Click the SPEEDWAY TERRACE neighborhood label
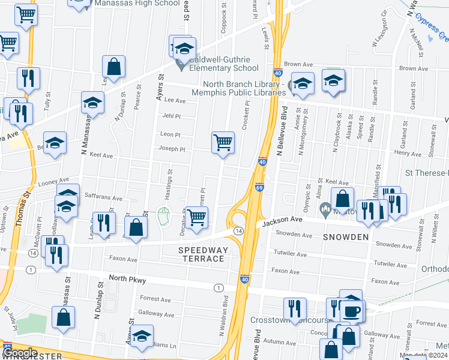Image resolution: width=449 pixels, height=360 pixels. pos(202,254)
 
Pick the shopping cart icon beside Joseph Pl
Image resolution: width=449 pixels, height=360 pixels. pos(223,143)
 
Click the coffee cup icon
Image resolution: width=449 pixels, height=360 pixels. pos(351,311)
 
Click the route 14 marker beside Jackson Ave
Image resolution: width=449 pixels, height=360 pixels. pos(238,231)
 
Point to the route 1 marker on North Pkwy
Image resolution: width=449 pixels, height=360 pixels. pos(218,288)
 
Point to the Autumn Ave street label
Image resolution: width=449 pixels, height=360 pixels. pos(276,341)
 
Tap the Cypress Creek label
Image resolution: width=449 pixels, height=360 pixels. pos(433,29)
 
